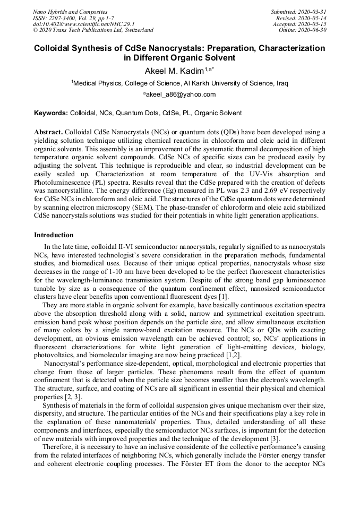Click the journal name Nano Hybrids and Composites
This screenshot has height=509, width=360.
[x=70, y=12]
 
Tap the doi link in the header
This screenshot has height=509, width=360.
[x=83, y=24]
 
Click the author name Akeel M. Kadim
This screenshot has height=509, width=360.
[x=174, y=71]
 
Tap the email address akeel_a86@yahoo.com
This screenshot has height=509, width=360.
[x=180, y=94]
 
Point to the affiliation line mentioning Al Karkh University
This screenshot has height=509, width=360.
[x=180, y=83]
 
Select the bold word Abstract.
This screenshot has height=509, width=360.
[x=48, y=132]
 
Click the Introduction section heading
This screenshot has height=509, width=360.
[x=54, y=235]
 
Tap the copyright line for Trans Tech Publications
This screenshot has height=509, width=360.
[x=93, y=30]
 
